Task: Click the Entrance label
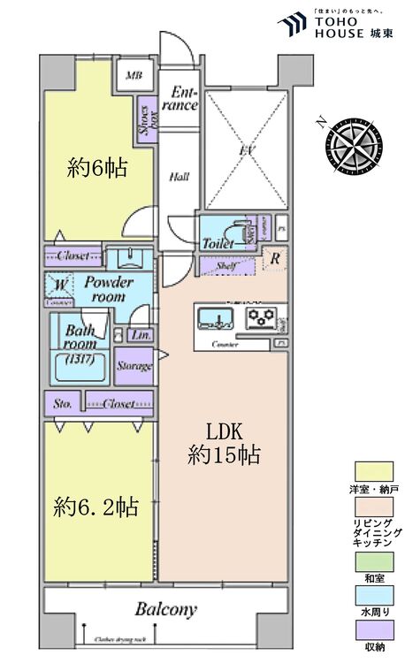183,97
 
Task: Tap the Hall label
180,177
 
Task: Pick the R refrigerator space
275,260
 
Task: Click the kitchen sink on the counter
212,316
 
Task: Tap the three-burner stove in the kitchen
263,316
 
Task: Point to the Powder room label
109,290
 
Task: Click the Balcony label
165,610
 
